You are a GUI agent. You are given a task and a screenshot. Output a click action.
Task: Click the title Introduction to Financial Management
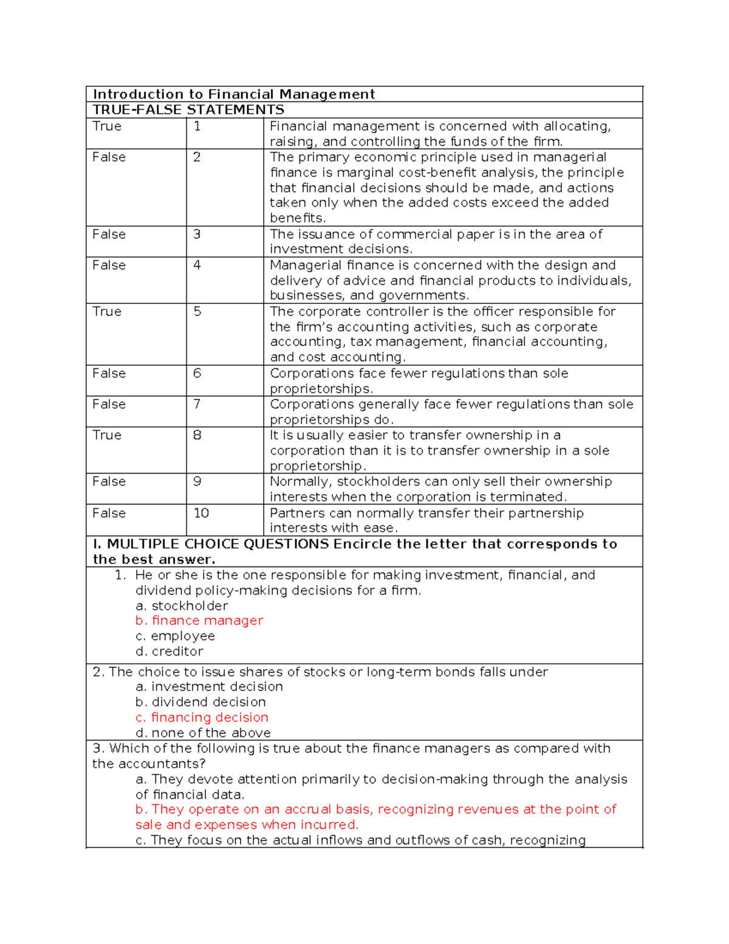234,94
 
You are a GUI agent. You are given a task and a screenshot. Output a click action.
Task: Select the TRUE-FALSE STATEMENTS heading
188,110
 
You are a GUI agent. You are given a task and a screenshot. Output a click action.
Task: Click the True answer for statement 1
107,126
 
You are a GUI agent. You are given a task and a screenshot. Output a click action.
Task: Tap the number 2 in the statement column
197,157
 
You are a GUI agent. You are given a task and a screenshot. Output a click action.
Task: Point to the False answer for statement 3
109,235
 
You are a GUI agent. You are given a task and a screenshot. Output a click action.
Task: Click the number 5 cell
197,312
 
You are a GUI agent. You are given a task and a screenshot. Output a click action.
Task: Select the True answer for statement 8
107,435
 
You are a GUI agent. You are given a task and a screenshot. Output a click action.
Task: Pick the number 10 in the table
201,513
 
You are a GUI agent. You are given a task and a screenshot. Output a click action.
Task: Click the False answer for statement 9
109,481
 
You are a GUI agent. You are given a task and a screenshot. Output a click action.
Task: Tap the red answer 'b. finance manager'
199,621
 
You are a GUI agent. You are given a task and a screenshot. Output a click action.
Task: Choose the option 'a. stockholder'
182,606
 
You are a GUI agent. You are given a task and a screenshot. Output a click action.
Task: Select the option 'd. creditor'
169,652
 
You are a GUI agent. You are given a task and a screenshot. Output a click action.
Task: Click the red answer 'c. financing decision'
202,718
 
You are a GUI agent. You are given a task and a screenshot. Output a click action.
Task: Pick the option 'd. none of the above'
203,733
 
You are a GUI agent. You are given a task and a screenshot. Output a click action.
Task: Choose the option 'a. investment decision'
209,687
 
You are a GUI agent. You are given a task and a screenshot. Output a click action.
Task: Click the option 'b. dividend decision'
200,702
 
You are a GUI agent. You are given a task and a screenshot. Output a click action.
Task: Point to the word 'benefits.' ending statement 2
298,218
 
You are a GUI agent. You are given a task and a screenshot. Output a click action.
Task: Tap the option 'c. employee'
175,636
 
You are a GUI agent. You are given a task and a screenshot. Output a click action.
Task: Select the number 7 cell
197,404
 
